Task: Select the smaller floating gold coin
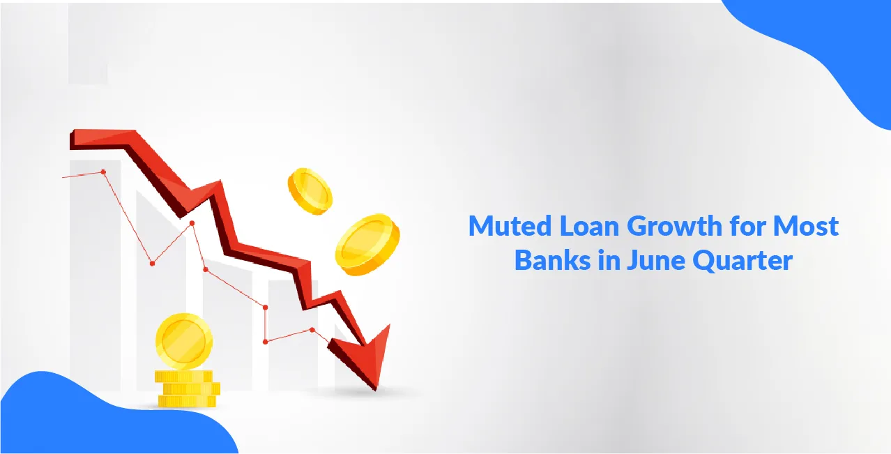point(310,190)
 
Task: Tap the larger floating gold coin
point(368,245)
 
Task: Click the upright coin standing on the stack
point(183,342)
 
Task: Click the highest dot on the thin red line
point(103,172)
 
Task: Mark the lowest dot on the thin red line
point(266,341)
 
